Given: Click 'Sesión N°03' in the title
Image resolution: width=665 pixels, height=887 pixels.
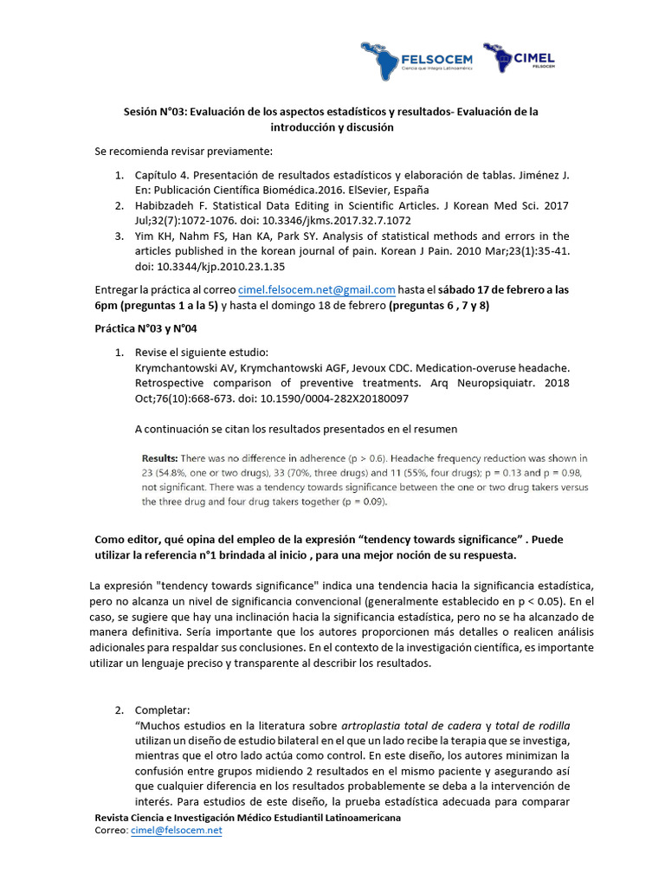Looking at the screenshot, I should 152,112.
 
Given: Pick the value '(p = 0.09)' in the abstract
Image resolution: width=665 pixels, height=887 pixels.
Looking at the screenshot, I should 367,502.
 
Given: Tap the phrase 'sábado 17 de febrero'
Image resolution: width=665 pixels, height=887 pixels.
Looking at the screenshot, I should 471,290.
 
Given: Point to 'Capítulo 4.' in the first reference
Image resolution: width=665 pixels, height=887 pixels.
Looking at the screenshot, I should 164,175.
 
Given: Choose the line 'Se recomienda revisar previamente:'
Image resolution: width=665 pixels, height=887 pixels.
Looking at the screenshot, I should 184,152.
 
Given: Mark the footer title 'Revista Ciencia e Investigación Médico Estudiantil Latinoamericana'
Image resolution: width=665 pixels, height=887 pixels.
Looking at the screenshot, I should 248,818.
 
